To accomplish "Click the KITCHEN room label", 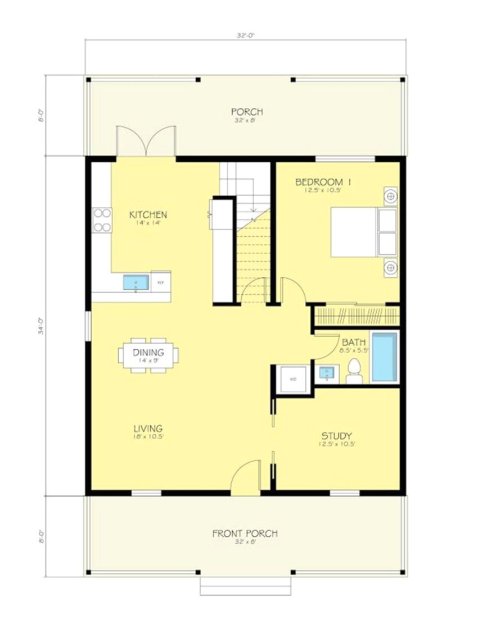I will click(148, 215).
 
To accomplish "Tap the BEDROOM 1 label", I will click(323, 181).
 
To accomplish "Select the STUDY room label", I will click(336, 436).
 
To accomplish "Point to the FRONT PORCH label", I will click(245, 533).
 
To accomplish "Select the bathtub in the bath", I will click(385, 357).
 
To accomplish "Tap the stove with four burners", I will click(102, 220).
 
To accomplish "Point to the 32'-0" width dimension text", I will click(245, 35).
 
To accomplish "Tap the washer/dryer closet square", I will click(292, 379).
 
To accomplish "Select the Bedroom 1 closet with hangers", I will click(355, 314).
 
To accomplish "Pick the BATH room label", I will click(354, 342).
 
